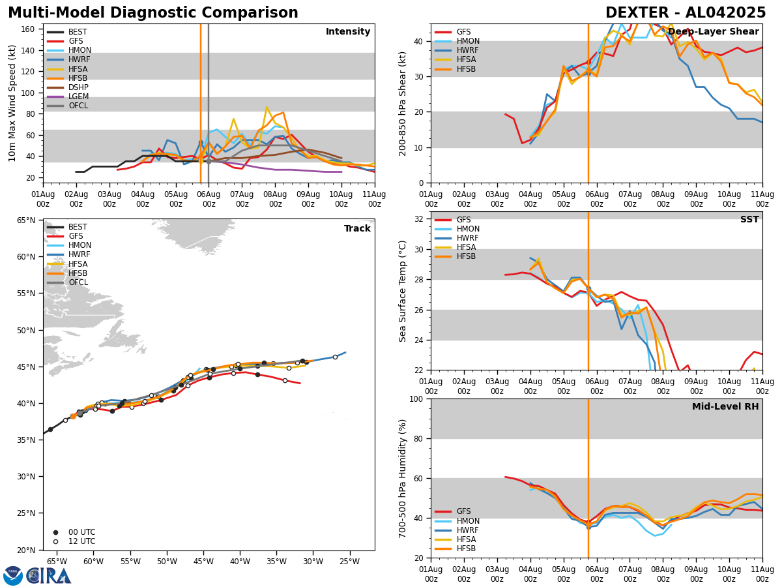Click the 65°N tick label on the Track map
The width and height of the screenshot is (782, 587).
tap(25, 220)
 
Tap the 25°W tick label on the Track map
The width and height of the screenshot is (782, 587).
tap(349, 562)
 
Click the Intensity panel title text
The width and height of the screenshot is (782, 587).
tap(348, 32)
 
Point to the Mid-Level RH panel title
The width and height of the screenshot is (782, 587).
tap(725, 407)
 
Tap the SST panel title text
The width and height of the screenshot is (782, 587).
tap(749, 220)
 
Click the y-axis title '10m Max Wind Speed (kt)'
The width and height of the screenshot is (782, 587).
tap(13, 103)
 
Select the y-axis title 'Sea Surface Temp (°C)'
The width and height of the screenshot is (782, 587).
tap(403, 291)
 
